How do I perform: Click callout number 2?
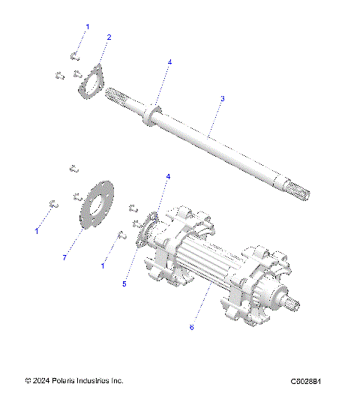click(x=109, y=37)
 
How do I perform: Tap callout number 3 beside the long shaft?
click(x=222, y=98)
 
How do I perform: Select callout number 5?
click(x=125, y=284)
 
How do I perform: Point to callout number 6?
click(x=191, y=327)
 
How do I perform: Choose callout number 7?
click(x=65, y=257)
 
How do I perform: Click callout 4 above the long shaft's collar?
click(x=169, y=62)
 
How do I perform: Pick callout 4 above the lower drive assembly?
click(x=168, y=176)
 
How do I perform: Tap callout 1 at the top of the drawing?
click(x=87, y=27)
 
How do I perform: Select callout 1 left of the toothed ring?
click(x=37, y=231)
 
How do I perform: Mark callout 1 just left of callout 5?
click(x=103, y=265)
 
